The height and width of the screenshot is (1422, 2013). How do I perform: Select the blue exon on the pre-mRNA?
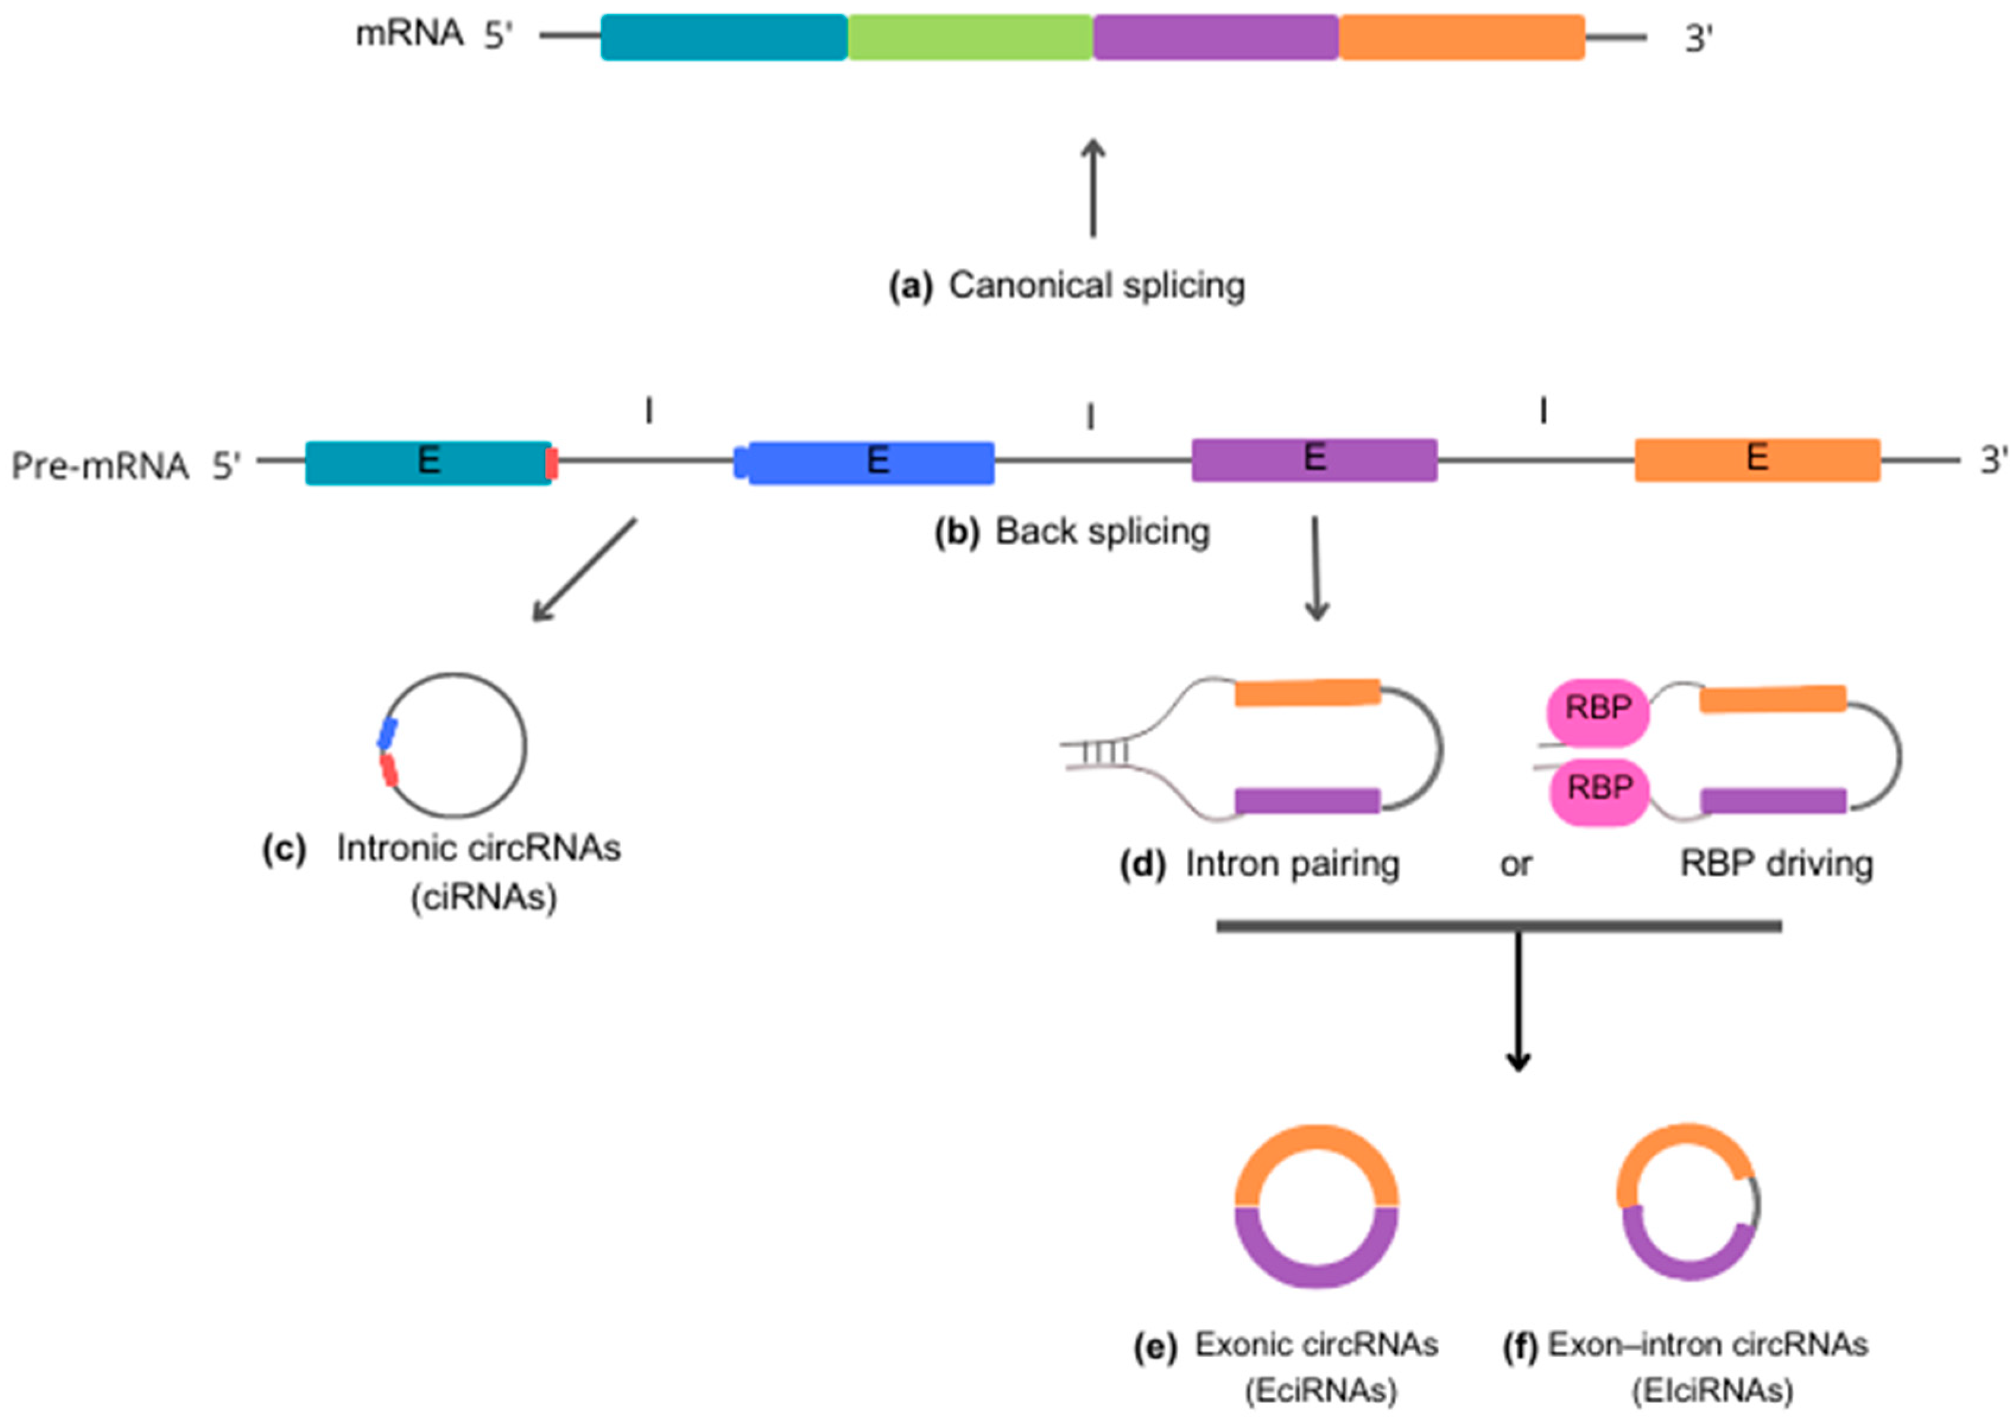871,462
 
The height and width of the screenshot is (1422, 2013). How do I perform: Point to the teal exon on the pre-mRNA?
428,462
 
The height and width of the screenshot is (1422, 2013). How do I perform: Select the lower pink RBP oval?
1599,789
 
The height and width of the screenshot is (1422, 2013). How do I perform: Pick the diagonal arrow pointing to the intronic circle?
584,570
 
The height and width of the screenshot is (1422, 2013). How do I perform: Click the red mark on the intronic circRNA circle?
388,770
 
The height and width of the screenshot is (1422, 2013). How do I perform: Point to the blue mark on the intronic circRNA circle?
386,734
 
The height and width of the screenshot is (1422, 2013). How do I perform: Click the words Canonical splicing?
1096,286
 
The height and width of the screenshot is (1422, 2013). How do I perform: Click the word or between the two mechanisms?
1515,865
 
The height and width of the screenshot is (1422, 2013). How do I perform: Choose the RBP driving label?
1776,865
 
